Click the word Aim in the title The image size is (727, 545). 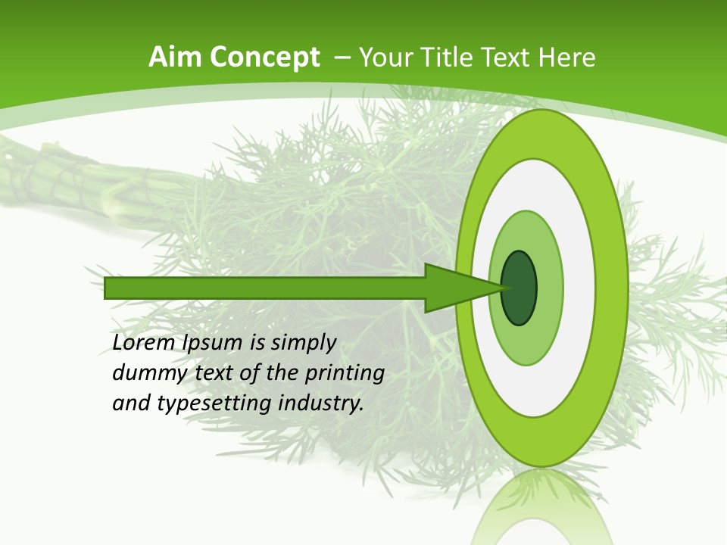coord(176,57)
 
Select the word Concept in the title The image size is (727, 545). coord(264,58)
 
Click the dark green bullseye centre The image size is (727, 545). coord(519,288)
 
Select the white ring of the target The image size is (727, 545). coord(579,288)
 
